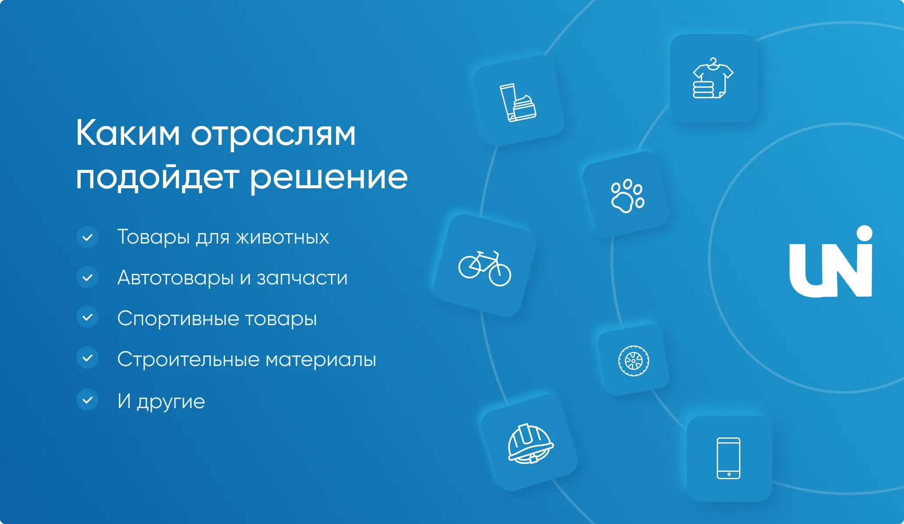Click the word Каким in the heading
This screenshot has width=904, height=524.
(x=128, y=133)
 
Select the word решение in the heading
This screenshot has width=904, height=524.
(x=329, y=178)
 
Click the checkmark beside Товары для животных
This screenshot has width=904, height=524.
(x=88, y=237)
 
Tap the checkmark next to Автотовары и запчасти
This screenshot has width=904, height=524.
(x=88, y=277)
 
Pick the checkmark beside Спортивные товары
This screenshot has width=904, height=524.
(x=88, y=317)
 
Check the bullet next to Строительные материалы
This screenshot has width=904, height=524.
(x=88, y=358)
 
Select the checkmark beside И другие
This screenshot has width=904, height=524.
(x=88, y=400)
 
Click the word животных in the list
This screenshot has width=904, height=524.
(x=282, y=237)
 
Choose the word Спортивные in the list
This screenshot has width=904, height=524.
(x=178, y=319)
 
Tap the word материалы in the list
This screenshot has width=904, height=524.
(x=321, y=360)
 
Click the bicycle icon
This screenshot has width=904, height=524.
(x=485, y=268)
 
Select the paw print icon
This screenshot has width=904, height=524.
(x=627, y=196)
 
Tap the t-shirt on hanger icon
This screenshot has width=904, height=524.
(x=712, y=78)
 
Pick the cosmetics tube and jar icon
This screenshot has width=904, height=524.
(x=518, y=102)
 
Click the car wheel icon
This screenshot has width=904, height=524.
(x=633, y=361)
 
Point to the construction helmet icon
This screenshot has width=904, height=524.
(x=530, y=444)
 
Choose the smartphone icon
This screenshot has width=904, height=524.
(x=728, y=458)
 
